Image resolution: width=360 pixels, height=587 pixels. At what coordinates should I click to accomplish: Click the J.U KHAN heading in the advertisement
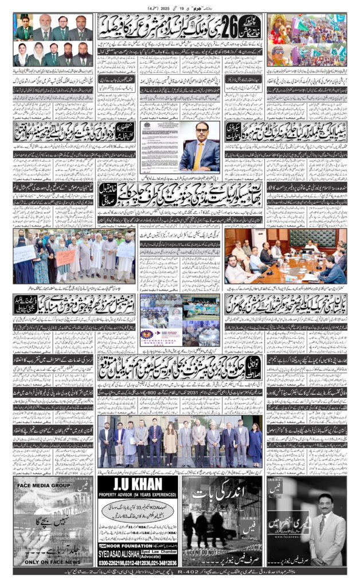pyautogui.click(x=137, y=488)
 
